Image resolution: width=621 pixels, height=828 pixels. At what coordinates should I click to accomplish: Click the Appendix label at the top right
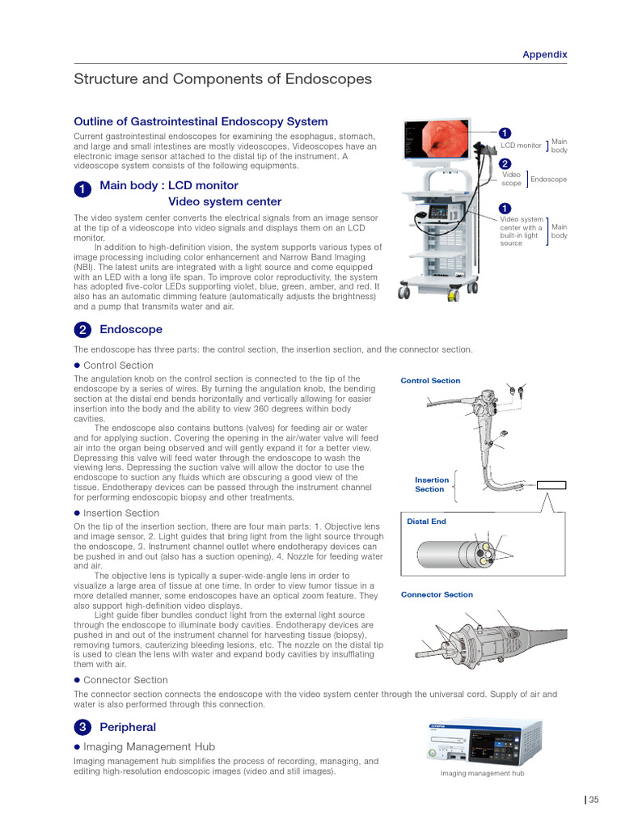click(x=544, y=55)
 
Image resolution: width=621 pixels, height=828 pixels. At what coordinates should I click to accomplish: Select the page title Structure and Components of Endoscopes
click(x=222, y=79)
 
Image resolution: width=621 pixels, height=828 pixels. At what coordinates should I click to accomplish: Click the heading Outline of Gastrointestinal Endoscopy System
click(x=201, y=121)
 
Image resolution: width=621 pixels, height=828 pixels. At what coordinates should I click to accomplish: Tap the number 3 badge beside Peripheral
click(x=82, y=728)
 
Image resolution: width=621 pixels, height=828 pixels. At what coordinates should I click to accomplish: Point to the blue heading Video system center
click(x=225, y=201)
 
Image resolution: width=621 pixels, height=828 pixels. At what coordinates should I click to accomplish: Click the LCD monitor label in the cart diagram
click(x=521, y=146)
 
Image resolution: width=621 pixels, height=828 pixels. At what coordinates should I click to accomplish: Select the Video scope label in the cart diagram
click(x=512, y=179)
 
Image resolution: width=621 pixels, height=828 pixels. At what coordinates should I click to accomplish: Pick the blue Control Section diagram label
click(x=430, y=381)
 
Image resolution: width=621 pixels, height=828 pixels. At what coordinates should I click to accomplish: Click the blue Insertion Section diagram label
click(x=431, y=484)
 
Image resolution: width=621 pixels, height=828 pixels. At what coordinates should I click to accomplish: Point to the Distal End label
click(x=426, y=522)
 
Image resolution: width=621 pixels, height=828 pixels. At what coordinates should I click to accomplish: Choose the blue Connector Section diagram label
click(x=437, y=595)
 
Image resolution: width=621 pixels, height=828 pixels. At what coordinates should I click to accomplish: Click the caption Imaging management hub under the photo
click(x=482, y=774)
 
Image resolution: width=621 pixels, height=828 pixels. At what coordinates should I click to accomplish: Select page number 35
click(x=594, y=801)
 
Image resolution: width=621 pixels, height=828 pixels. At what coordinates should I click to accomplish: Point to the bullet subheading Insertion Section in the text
click(x=121, y=513)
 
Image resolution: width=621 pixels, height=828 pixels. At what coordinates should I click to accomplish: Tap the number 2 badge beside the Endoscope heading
click(x=82, y=330)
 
